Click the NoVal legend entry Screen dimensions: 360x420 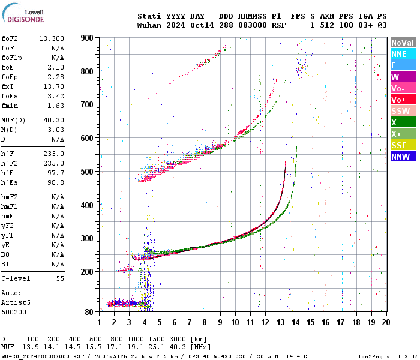click(403, 43)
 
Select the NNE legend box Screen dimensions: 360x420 click(403, 54)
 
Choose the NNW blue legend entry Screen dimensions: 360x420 click(403, 157)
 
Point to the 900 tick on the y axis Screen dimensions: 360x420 click(87, 38)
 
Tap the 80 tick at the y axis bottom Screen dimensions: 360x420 click(89, 312)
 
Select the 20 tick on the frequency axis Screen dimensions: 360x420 click(385, 323)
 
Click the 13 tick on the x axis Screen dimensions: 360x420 click(280, 323)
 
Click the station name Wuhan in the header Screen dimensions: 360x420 click(149, 25)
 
